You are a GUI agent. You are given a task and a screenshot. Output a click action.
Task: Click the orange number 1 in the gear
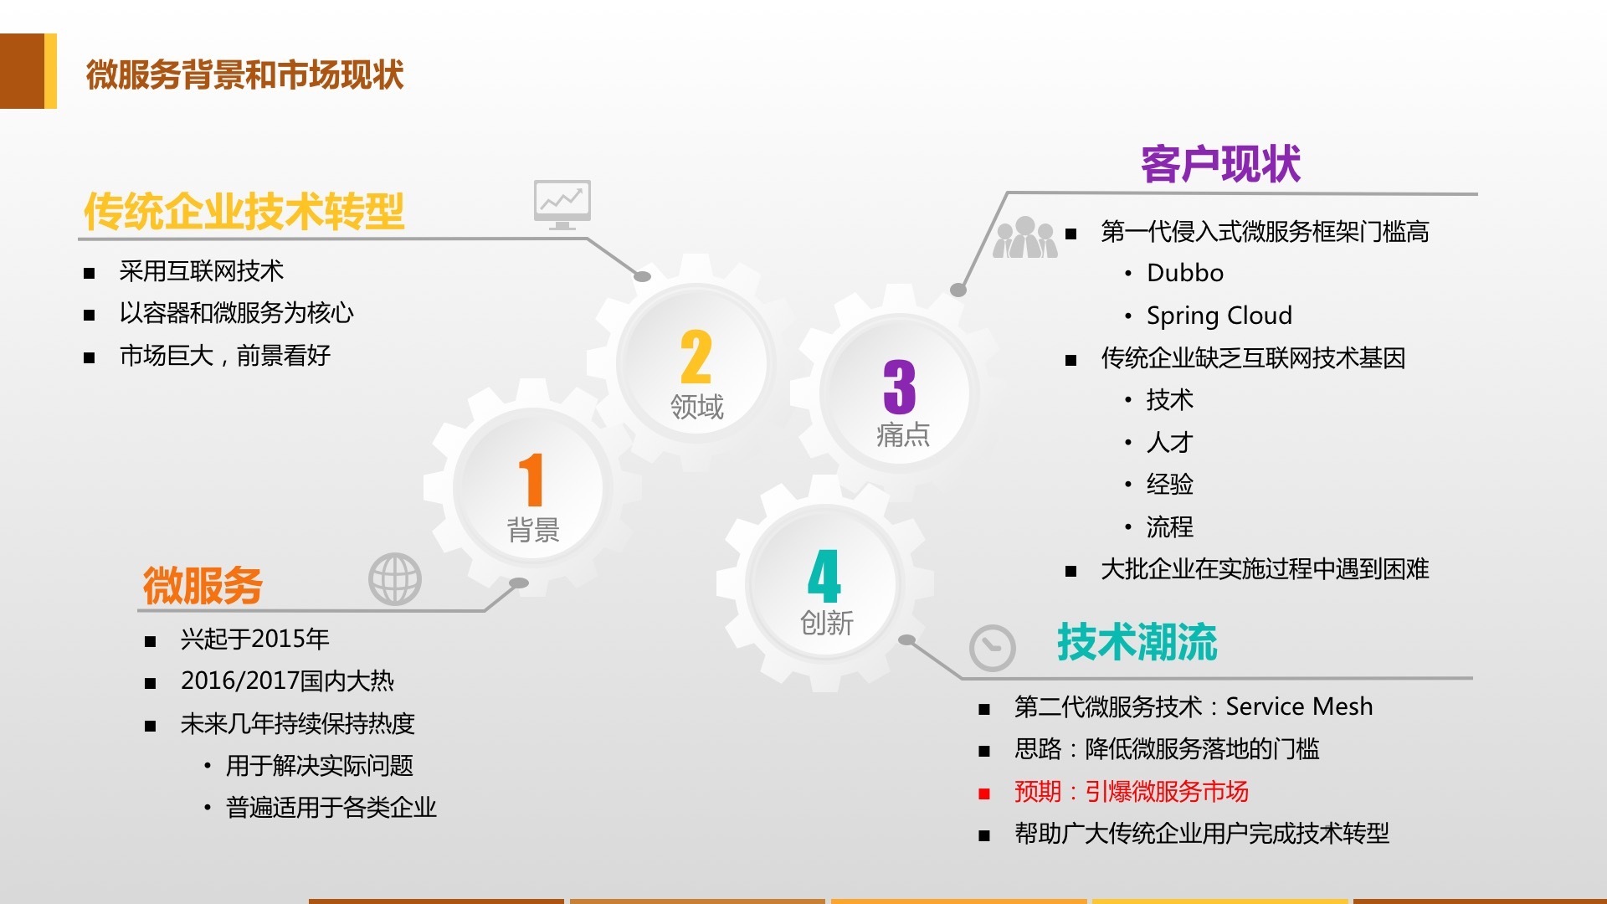[531, 480]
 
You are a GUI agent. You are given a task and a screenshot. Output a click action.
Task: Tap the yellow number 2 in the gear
[696, 357]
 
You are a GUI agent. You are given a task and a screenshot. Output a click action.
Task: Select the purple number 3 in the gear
[900, 387]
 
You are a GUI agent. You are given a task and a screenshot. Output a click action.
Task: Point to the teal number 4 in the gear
[824, 576]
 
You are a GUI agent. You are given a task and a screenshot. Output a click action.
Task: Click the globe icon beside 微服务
[395, 579]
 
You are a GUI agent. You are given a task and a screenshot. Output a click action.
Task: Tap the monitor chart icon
[562, 204]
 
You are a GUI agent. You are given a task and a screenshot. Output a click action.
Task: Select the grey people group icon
[1025, 237]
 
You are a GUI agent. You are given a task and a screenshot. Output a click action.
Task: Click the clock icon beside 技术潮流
[993, 648]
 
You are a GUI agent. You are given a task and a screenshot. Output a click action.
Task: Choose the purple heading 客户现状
[1221, 163]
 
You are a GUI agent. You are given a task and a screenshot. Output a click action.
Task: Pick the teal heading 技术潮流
[1137, 642]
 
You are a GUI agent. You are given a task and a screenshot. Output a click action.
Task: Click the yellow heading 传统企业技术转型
[244, 211]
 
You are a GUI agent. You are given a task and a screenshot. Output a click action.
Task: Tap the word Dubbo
[1185, 273]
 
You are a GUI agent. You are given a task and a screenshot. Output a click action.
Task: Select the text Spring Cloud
[1219, 316]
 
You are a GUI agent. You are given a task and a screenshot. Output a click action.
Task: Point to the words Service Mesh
[1299, 706]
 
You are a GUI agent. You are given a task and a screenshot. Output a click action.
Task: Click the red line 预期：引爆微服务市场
[1132, 791]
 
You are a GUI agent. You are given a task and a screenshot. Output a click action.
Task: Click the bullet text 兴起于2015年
[255, 639]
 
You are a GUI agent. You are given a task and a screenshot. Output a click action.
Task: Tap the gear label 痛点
[903, 434]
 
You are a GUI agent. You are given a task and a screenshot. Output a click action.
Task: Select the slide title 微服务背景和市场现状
[245, 74]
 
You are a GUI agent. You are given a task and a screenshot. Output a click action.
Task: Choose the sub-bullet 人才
[1170, 442]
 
